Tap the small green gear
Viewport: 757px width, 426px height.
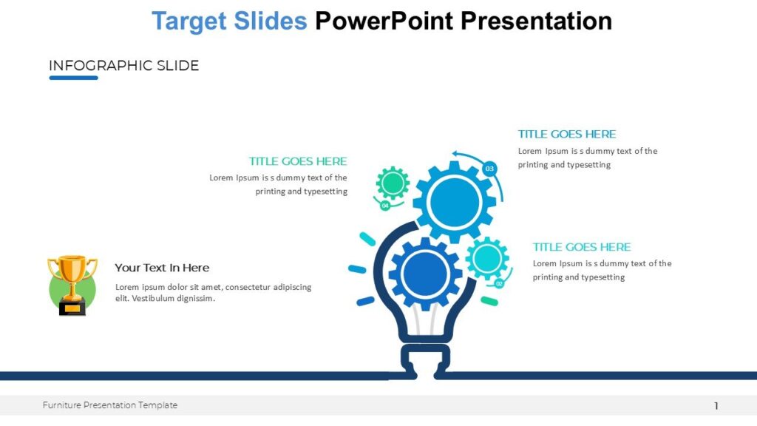[x=393, y=183]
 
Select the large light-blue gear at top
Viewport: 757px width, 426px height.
[x=454, y=201]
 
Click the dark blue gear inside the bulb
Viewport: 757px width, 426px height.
[x=425, y=273]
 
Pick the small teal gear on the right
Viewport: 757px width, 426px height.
[x=487, y=259]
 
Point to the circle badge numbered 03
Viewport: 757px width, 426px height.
[x=489, y=169]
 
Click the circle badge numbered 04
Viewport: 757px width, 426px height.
[x=385, y=206]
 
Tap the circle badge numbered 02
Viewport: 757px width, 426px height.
[x=499, y=283]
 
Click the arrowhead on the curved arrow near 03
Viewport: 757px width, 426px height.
[x=456, y=155]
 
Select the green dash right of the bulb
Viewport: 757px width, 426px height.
[x=489, y=301]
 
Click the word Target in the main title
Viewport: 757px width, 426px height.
[x=189, y=21]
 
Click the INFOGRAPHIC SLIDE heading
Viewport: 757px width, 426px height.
[x=123, y=66]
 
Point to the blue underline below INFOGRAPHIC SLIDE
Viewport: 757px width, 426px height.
[x=73, y=78]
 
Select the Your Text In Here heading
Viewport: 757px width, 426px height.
[x=162, y=268]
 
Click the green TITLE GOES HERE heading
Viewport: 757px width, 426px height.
[x=297, y=161]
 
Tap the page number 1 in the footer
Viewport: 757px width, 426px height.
[x=716, y=405]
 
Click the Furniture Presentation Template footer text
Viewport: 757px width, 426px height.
[x=109, y=405]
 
